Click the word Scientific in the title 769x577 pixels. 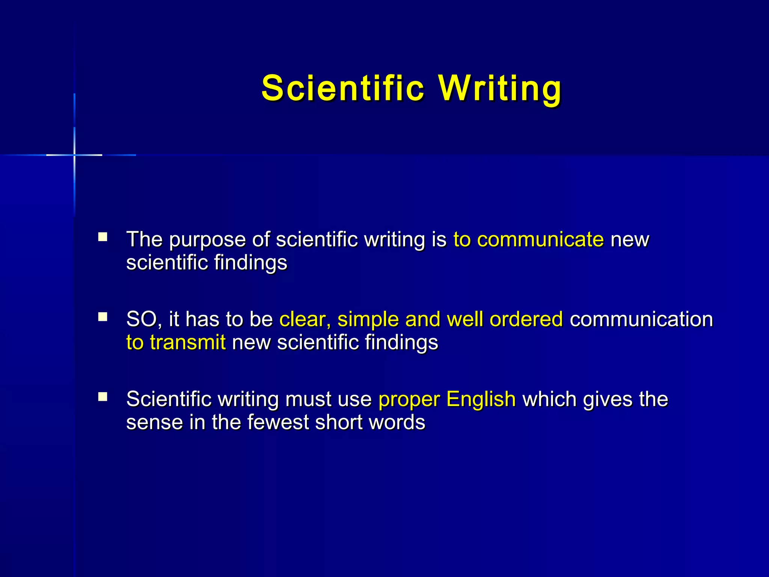pyautogui.click(x=343, y=88)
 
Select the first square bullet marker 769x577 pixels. pyautogui.click(x=103, y=237)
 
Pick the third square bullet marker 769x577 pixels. pyautogui.click(x=103, y=397)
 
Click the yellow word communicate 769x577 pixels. pyautogui.click(x=540, y=239)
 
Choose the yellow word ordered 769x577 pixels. pyautogui.click(x=526, y=319)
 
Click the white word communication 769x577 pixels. pyautogui.click(x=641, y=319)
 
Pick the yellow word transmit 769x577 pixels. pyautogui.click(x=188, y=342)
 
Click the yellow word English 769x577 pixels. pyautogui.click(x=481, y=399)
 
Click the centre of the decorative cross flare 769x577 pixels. pyautogui.click(x=74, y=155)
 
